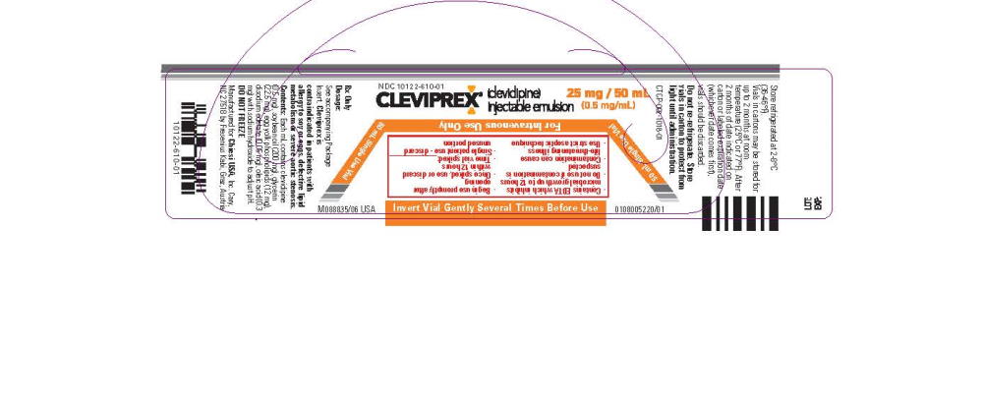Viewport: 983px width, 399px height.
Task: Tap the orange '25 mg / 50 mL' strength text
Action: (x=614, y=91)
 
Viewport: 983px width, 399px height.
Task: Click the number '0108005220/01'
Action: (x=639, y=209)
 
